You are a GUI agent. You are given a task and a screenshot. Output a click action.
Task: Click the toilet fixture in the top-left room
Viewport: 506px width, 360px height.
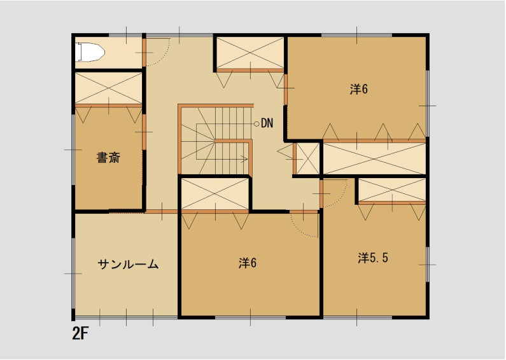coord(90,52)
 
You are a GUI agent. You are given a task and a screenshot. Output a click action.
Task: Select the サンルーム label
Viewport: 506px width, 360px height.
coord(128,265)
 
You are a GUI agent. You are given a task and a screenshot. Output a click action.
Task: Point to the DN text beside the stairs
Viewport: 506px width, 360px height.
coord(267,123)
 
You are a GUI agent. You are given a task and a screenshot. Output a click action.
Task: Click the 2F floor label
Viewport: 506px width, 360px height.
coord(80,334)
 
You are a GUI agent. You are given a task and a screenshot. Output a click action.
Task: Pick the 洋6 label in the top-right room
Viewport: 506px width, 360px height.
coord(359,89)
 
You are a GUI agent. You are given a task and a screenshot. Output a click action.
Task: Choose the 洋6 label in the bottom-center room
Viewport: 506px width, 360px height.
coord(248,262)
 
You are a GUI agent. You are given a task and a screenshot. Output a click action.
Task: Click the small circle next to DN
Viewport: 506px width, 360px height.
coord(256,123)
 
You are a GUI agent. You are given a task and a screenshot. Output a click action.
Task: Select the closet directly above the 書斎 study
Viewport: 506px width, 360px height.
coord(109,88)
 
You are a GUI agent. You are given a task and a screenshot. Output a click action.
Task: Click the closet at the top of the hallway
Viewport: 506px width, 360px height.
coord(249,53)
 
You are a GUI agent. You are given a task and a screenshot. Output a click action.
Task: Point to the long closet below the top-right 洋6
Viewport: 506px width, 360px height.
coord(374,158)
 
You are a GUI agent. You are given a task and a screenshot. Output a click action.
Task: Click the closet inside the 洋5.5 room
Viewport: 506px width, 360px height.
coord(391,190)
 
